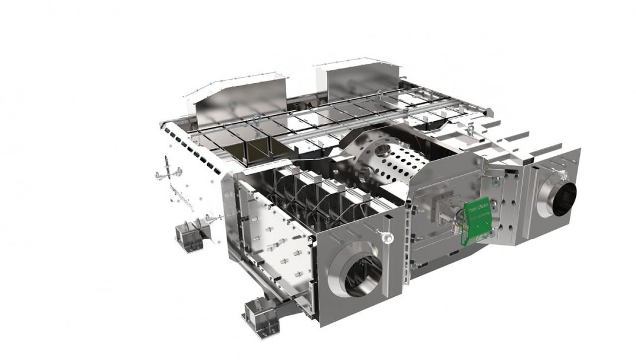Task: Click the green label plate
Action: pyautogui.click(x=475, y=222)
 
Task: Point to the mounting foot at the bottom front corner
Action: pyautogui.click(x=260, y=313)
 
